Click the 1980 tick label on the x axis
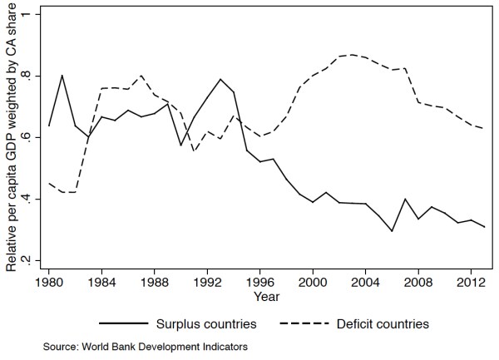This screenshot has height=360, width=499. click(x=49, y=283)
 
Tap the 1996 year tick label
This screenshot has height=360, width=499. click(x=260, y=283)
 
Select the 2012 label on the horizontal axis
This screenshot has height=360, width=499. click(x=471, y=283)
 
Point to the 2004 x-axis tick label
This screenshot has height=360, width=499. click(x=365, y=283)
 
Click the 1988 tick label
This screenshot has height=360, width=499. click(x=155, y=283)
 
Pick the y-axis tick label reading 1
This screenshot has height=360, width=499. click(x=27, y=15)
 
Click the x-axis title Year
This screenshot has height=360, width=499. click(x=267, y=297)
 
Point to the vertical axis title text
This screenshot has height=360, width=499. click(x=12, y=137)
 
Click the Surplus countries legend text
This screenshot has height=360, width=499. click(x=206, y=324)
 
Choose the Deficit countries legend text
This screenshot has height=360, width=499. click(x=383, y=324)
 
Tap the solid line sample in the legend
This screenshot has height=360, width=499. click(x=124, y=323)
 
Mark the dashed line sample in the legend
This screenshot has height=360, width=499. click(x=304, y=323)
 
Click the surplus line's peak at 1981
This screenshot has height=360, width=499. click(x=62, y=76)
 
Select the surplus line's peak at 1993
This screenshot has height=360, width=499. click(x=220, y=79)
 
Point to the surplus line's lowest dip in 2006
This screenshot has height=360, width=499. click(x=392, y=231)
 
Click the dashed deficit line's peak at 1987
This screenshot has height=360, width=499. click(x=141, y=76)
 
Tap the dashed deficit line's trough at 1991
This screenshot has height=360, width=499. click(x=194, y=151)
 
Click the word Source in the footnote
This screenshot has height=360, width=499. click(x=60, y=347)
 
